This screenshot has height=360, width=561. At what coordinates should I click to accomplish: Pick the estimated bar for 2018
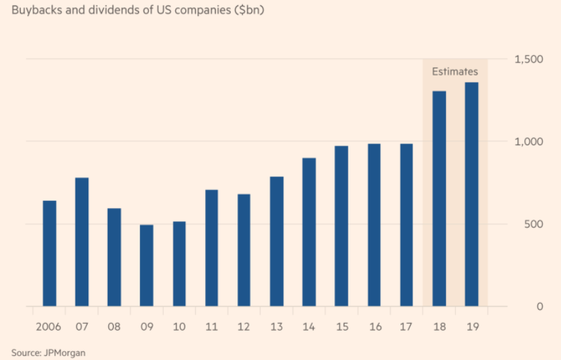click(x=439, y=198)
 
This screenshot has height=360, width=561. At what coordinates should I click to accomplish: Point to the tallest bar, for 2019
click(x=472, y=194)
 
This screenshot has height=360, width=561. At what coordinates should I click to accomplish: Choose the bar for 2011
click(x=212, y=248)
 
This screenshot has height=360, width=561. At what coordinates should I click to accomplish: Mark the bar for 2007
click(x=82, y=242)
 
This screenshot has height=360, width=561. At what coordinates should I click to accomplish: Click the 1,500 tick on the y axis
click(x=528, y=60)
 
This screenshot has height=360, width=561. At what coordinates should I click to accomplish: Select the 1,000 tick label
click(x=528, y=142)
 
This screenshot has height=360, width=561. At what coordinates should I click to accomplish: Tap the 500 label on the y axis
click(x=531, y=224)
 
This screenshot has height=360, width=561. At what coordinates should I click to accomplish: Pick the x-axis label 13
click(x=276, y=327)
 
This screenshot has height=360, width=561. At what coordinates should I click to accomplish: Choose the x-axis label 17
click(x=407, y=327)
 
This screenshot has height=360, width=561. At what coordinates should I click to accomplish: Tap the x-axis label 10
click(x=179, y=327)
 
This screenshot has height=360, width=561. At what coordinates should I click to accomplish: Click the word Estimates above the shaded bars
click(x=455, y=71)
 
